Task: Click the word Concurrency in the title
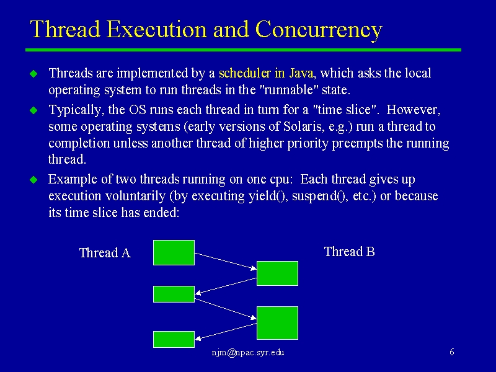click(319, 30)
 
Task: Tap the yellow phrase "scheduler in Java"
click(266, 73)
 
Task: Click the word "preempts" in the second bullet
click(357, 144)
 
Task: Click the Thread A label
click(105, 253)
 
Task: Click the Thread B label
click(349, 252)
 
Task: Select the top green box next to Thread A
click(174, 252)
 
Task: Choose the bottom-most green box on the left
click(174, 339)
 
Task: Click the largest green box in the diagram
click(277, 322)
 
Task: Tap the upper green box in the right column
click(277, 273)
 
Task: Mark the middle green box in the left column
click(174, 294)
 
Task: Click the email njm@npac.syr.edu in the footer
click(247, 352)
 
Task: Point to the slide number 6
click(452, 352)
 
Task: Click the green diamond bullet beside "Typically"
click(33, 110)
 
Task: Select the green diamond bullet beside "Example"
click(33, 180)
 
